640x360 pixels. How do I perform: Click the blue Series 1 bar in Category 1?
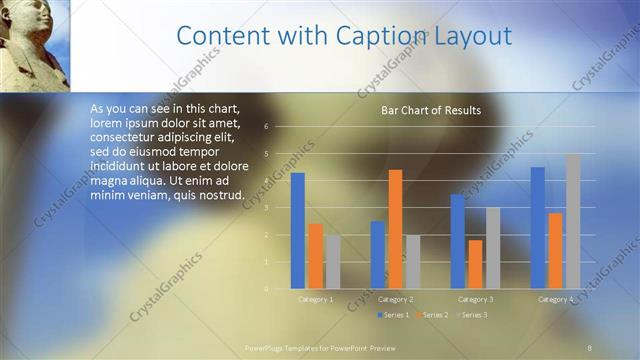(297, 231)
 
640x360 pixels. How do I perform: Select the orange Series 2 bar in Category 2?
(395, 229)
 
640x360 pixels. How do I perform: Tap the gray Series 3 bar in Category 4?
(573, 221)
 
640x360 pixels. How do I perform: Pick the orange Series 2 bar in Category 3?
(475, 264)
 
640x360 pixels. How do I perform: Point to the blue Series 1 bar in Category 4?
(537, 228)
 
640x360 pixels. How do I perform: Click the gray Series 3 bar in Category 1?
(333, 262)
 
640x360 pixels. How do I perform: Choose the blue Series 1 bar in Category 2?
(377, 255)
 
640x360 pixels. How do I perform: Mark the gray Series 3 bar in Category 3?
(493, 248)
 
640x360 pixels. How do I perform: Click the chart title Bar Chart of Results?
(431, 110)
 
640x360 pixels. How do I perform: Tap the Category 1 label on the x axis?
(316, 299)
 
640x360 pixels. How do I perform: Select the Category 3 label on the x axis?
(475, 299)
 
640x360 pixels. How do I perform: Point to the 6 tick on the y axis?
(267, 127)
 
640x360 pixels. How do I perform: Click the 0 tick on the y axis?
(267, 289)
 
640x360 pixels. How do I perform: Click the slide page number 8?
(590, 347)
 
